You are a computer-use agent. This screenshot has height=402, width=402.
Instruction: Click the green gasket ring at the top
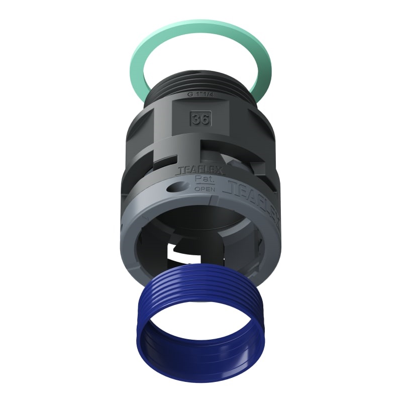pyautogui.click(x=151, y=40)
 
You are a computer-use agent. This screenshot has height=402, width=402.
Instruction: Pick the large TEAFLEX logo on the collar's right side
pyautogui.click(x=251, y=193)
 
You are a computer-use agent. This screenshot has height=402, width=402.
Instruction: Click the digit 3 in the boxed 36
pyautogui.click(x=196, y=120)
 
